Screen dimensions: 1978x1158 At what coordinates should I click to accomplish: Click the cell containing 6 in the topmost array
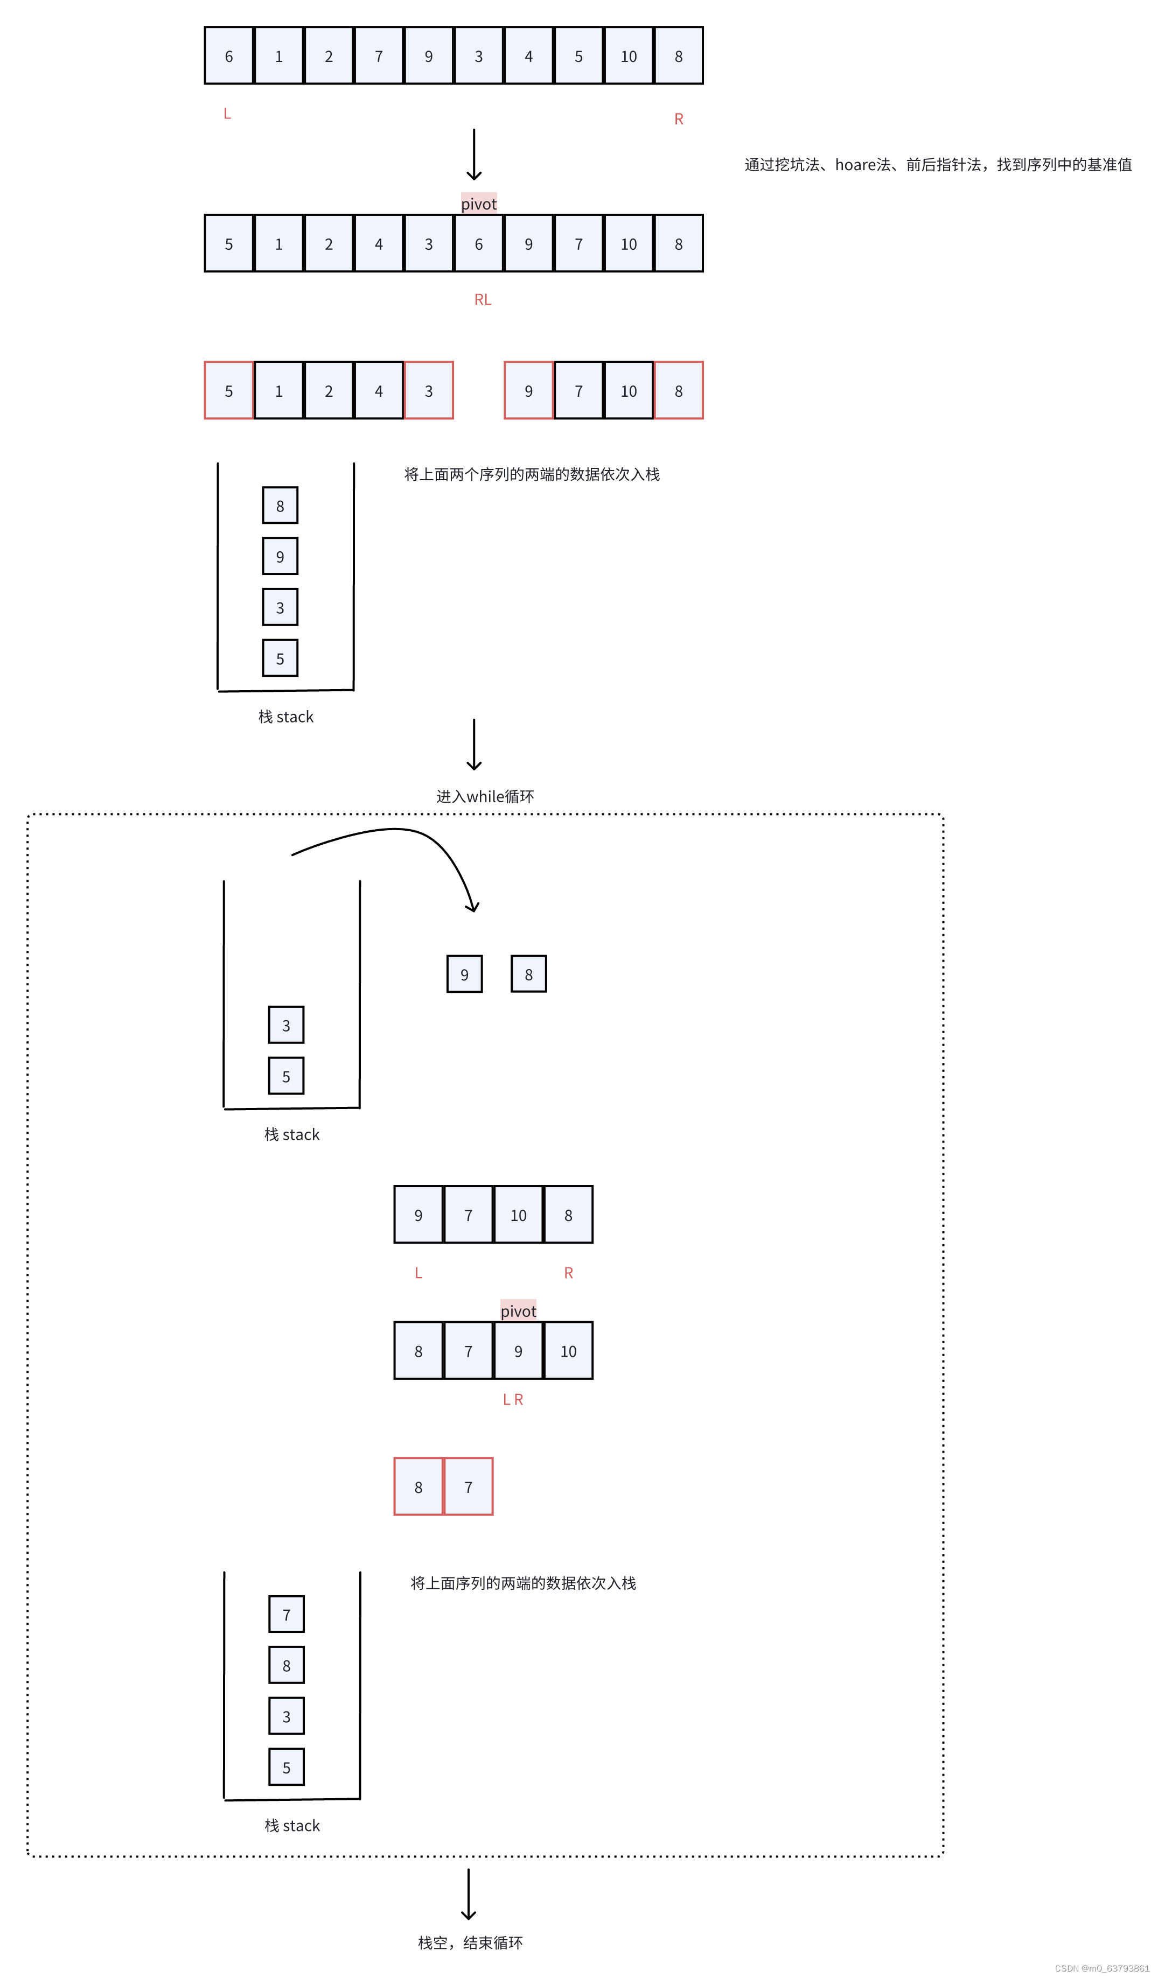(228, 56)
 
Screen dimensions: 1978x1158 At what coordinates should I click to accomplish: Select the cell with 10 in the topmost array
(628, 56)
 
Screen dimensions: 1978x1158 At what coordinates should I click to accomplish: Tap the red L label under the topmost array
(227, 114)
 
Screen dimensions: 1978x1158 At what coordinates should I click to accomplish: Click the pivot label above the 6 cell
(479, 204)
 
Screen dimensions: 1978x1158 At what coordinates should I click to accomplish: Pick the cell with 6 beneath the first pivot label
(479, 243)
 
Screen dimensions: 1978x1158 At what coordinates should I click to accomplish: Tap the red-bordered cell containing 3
(429, 390)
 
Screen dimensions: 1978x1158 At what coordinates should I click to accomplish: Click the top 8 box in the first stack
(280, 506)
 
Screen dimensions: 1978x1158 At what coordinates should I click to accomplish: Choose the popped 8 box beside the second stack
(528, 974)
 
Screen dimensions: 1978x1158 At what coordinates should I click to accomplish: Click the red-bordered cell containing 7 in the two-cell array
(469, 1486)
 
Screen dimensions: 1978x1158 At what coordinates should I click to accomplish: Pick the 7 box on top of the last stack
(287, 1615)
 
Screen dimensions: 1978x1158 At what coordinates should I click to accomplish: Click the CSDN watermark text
(1101, 1968)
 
